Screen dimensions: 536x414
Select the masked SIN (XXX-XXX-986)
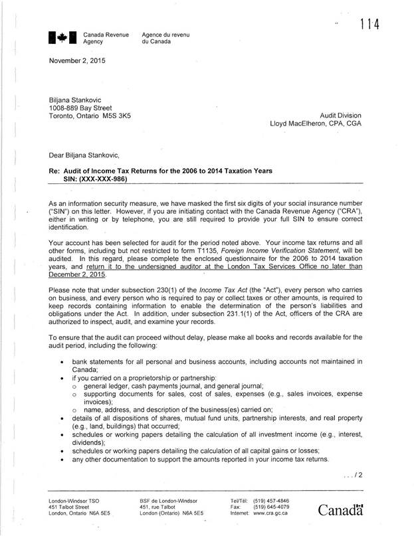click(x=96, y=179)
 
